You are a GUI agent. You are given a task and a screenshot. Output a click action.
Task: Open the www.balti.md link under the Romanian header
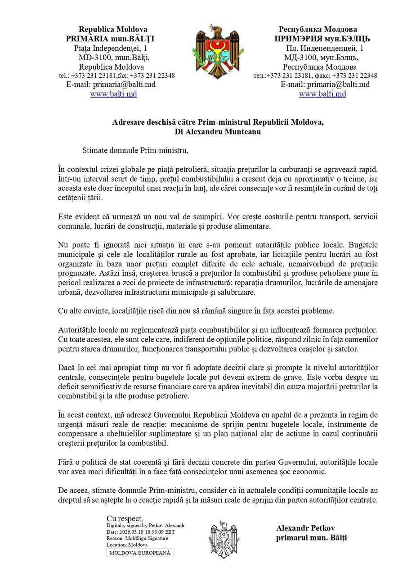pyautogui.click(x=113, y=94)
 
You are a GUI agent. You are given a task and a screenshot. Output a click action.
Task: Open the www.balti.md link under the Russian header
pyautogui.click(x=322, y=94)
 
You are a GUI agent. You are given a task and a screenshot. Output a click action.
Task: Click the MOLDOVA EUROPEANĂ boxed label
pyautogui.click(x=140, y=553)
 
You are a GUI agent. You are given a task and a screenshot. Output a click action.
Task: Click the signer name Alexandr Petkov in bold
pyautogui.click(x=305, y=528)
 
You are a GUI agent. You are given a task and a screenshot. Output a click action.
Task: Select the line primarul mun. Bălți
pyautogui.click(x=311, y=537)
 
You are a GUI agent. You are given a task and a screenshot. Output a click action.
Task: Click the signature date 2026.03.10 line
pyautogui.click(x=140, y=531)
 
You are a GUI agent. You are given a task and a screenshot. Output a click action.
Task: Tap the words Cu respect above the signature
pyautogui.click(x=125, y=518)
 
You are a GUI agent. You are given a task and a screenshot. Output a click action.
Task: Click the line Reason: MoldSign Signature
pyautogui.click(x=137, y=538)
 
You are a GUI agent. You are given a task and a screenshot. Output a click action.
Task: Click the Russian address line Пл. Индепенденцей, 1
pyautogui.click(x=324, y=48)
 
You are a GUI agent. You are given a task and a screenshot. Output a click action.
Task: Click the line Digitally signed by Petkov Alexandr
pyautogui.click(x=145, y=525)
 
